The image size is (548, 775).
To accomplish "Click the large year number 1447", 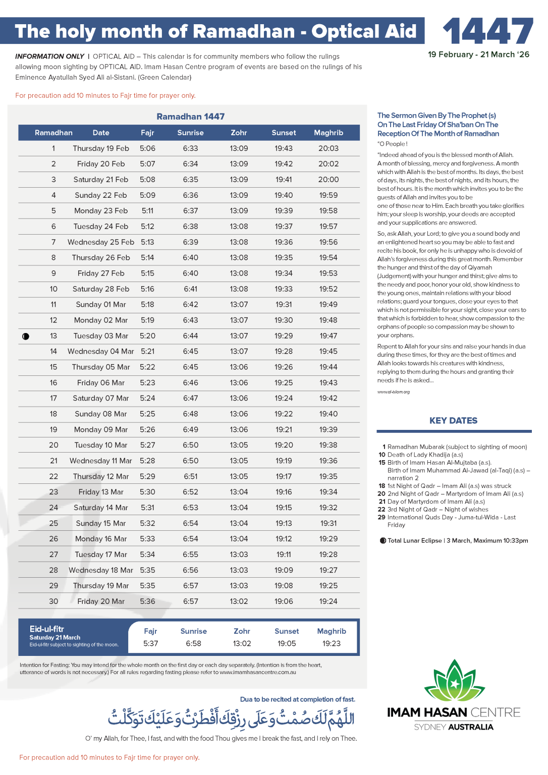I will pyautogui.click(x=487, y=31).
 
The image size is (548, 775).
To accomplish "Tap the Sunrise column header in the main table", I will pyautogui.click(x=190, y=133).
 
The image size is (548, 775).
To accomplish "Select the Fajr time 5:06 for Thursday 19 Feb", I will pyautogui.click(x=147, y=148).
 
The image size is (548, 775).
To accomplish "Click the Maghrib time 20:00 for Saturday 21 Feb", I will pyautogui.click(x=328, y=180).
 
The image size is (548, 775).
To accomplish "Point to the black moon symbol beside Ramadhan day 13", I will pyautogui.click(x=26, y=336).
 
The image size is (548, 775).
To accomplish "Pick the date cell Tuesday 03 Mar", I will pyautogui.click(x=101, y=336).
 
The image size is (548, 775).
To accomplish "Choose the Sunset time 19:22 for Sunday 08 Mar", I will pyautogui.click(x=284, y=414).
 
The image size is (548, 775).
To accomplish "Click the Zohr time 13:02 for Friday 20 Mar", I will pyautogui.click(x=239, y=601).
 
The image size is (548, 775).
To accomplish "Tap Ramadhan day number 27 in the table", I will pyautogui.click(x=53, y=555).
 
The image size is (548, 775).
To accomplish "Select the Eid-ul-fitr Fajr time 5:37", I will pyautogui.click(x=150, y=643).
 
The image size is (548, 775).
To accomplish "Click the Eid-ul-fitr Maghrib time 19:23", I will pyautogui.click(x=332, y=643).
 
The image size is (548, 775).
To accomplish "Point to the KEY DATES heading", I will pyautogui.click(x=453, y=421).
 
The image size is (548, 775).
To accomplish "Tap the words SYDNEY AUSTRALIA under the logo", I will pyautogui.click(x=454, y=727).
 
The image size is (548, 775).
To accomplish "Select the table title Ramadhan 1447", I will pyautogui.click(x=190, y=117).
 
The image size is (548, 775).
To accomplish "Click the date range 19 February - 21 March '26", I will pyautogui.click(x=478, y=54).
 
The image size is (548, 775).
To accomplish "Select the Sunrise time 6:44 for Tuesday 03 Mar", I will pyautogui.click(x=190, y=336).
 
